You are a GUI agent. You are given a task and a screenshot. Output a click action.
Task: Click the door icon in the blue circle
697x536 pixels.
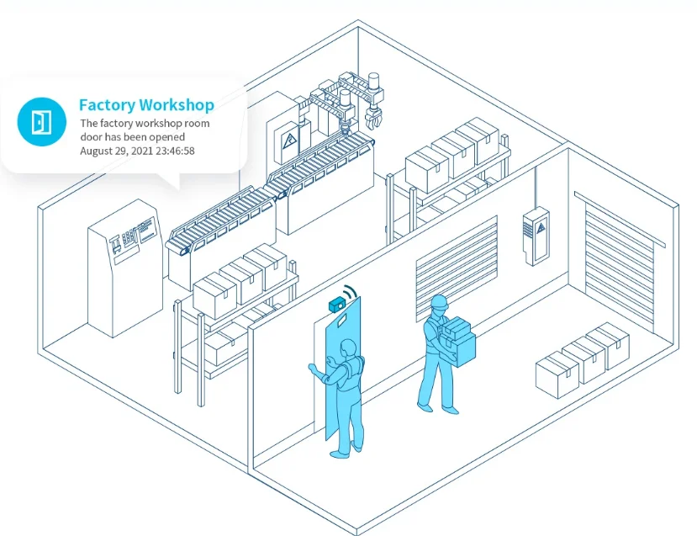(40, 122)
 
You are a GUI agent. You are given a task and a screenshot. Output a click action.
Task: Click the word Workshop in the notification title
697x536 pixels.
(177, 105)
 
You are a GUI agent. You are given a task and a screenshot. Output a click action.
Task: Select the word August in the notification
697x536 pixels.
(96, 151)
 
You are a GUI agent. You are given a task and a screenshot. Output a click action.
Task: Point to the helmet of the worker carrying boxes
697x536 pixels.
(438, 302)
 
